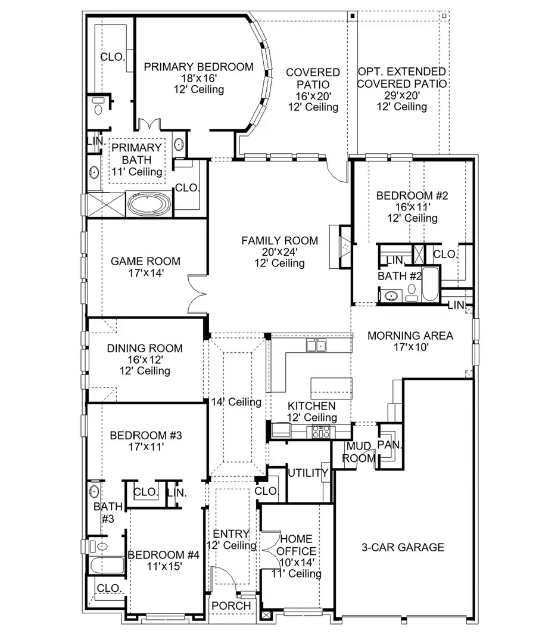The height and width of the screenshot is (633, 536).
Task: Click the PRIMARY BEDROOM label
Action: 198,66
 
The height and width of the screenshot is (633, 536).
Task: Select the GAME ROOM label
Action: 146,261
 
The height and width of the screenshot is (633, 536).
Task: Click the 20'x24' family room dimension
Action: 279,252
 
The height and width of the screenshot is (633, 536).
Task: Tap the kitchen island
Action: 331,386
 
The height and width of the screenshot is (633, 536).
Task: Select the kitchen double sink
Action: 315,345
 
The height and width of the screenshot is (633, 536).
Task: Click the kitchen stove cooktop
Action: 320,431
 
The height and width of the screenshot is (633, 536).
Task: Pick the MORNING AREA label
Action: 410,336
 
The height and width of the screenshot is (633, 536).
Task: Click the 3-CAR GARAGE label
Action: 403,547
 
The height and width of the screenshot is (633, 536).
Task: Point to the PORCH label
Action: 231,606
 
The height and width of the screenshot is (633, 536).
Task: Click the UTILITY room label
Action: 307,473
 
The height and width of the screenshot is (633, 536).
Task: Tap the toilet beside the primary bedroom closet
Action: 98,108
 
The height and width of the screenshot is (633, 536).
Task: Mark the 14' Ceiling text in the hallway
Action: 236,402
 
